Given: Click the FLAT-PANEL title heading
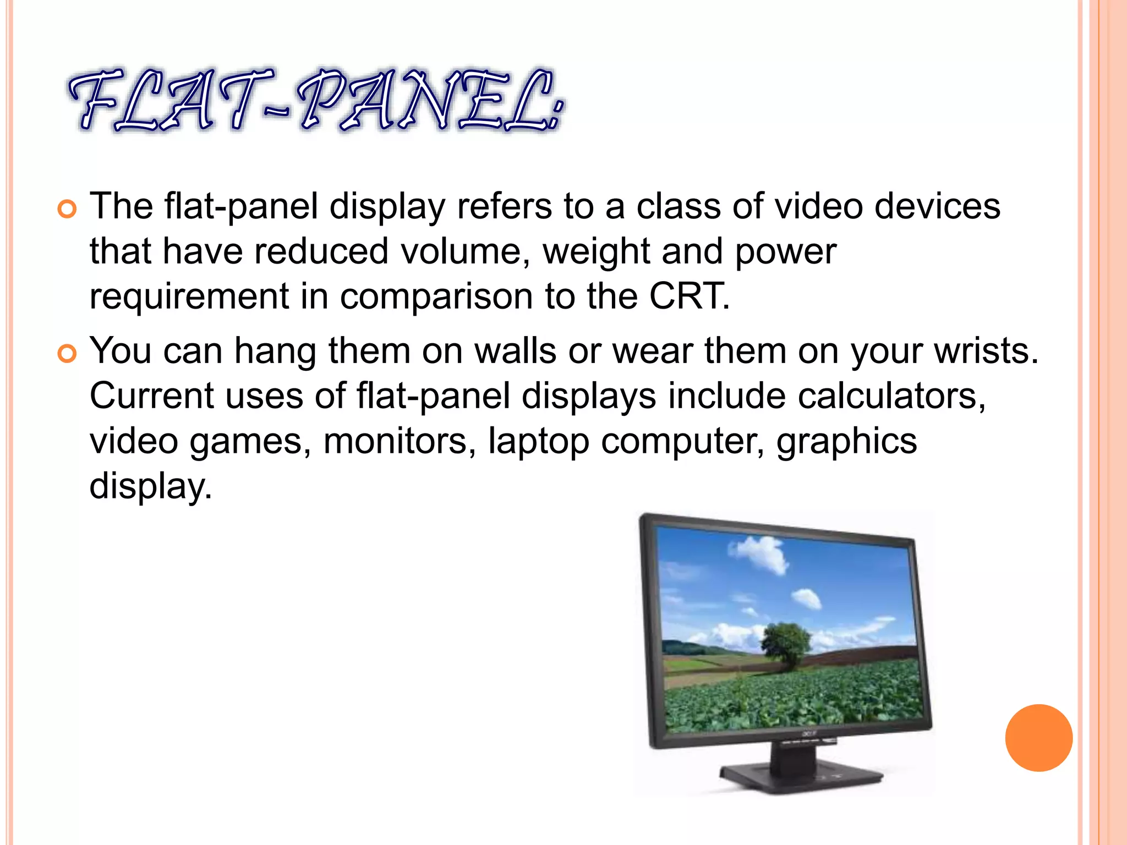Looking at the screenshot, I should [316, 102].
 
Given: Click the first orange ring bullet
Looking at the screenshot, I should [67, 210].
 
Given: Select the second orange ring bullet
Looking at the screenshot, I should [67, 354].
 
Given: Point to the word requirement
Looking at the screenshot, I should [189, 297].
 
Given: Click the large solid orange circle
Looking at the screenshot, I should [1038, 738].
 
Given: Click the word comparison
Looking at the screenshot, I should [436, 297].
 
